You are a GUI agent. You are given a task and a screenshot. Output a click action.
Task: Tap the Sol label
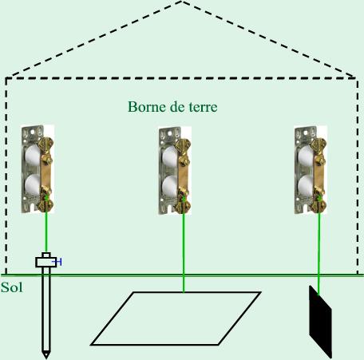11,287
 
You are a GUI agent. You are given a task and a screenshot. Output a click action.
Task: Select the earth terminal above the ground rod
38,169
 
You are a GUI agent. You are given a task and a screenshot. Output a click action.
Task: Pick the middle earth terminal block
175,171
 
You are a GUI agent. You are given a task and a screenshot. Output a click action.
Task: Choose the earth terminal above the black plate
311,170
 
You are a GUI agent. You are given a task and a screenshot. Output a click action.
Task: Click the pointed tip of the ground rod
46,358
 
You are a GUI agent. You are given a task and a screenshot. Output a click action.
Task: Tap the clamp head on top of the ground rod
46,259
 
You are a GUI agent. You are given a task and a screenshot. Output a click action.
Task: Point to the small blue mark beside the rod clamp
57,262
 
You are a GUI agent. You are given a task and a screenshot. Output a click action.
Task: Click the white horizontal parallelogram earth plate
176,318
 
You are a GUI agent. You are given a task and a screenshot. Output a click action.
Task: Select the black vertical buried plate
320,322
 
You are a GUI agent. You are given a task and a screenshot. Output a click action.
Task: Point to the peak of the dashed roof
182,2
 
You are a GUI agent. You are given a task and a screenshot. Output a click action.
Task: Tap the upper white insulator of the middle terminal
169,157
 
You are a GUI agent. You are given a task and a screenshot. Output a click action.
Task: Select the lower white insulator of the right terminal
306,186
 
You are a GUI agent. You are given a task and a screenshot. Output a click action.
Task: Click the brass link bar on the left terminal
45,174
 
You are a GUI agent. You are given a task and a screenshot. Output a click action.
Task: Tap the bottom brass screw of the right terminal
319,205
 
